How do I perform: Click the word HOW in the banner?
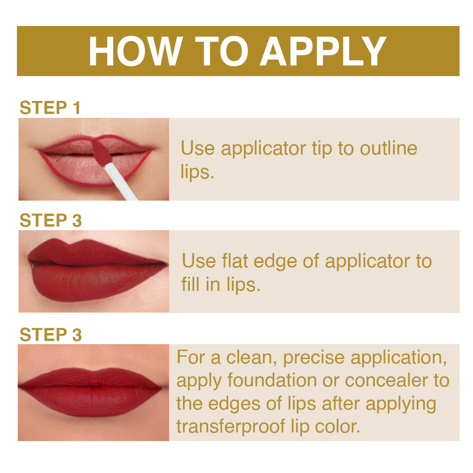pyautogui.click(x=136, y=51)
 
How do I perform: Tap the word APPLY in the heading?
pyautogui.click(x=323, y=51)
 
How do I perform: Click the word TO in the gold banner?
pyautogui.click(x=222, y=51)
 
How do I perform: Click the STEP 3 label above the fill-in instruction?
pyautogui.click(x=50, y=220)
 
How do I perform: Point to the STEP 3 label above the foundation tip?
pyautogui.click(x=50, y=334)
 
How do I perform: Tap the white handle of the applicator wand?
pyautogui.click(x=121, y=182)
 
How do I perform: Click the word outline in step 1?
pyautogui.click(x=388, y=148)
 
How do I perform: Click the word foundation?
pyautogui.click(x=272, y=380)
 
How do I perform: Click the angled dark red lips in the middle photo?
pyautogui.click(x=98, y=270)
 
